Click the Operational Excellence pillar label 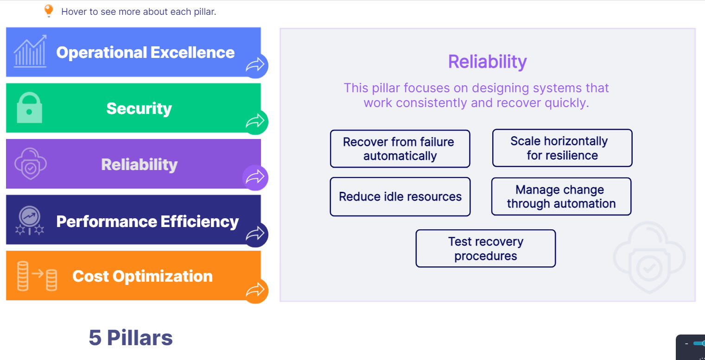click(x=146, y=52)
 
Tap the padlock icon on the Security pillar click(x=29, y=107)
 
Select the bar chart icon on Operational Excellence click(x=30, y=51)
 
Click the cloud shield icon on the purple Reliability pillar click(x=31, y=164)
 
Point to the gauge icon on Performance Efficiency click(x=30, y=220)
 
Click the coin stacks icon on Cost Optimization click(x=37, y=276)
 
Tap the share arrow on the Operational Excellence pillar click(x=255, y=65)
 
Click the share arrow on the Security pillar click(x=255, y=121)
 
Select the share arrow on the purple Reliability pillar click(x=255, y=177)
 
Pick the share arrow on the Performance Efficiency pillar click(x=255, y=234)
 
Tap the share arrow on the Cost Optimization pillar click(x=255, y=290)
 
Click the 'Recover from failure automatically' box click(x=400, y=149)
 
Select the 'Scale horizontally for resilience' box click(x=562, y=148)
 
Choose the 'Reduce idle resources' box click(x=400, y=196)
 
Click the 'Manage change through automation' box click(x=561, y=196)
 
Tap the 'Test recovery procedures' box click(x=486, y=249)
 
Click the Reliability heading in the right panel click(x=487, y=62)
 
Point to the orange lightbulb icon click(x=49, y=11)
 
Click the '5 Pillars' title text click(x=131, y=338)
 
